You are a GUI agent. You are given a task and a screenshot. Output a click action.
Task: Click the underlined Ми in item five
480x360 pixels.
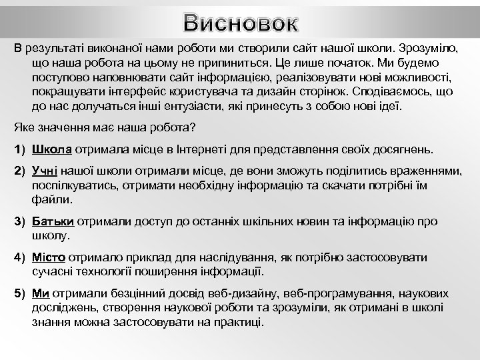point(41,293)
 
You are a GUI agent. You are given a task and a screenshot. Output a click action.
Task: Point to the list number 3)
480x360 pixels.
point(20,221)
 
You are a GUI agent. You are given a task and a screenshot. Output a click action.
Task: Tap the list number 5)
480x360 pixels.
point(20,293)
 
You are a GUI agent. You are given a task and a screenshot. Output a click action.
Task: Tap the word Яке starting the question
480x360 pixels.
point(24,126)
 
